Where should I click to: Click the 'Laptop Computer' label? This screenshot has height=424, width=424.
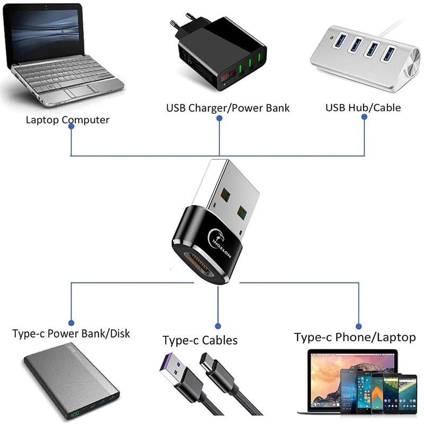(67, 120)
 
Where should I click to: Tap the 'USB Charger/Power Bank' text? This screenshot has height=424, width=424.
(228, 108)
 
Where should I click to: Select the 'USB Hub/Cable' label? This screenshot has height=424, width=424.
(363, 108)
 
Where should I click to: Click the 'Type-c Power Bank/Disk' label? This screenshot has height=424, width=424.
(71, 334)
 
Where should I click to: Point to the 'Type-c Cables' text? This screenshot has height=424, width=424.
(200, 340)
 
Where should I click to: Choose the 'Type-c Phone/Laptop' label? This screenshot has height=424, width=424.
(355, 338)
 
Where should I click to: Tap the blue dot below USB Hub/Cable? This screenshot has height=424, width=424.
(365, 117)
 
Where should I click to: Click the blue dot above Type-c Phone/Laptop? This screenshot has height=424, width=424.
(359, 326)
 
